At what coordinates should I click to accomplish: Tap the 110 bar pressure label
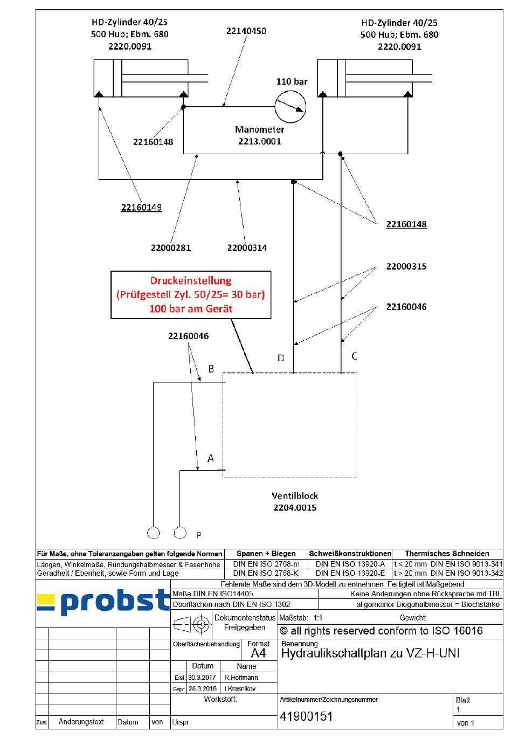tap(292, 82)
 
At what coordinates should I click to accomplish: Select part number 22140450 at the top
tap(246, 31)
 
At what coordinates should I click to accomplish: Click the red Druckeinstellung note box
tap(191, 295)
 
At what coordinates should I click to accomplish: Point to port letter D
tap(281, 358)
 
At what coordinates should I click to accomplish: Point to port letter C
tap(354, 356)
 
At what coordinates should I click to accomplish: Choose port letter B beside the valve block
tap(211, 369)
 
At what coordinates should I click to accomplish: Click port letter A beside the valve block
tap(211, 458)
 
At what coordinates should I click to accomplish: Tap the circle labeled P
tap(181, 533)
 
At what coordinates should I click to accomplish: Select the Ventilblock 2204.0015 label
tap(294, 501)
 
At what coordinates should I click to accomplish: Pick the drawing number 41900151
tap(306, 716)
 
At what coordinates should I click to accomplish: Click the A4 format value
tap(258, 653)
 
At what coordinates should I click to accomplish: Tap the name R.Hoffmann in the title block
tap(241, 677)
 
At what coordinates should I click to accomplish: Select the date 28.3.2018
tap(202, 688)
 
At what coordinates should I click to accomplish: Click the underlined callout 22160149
tap(141, 208)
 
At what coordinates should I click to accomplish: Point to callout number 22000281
tap(171, 248)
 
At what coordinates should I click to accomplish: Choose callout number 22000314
tap(247, 248)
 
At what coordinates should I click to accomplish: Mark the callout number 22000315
tap(406, 266)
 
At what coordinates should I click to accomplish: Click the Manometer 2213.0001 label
tap(260, 135)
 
